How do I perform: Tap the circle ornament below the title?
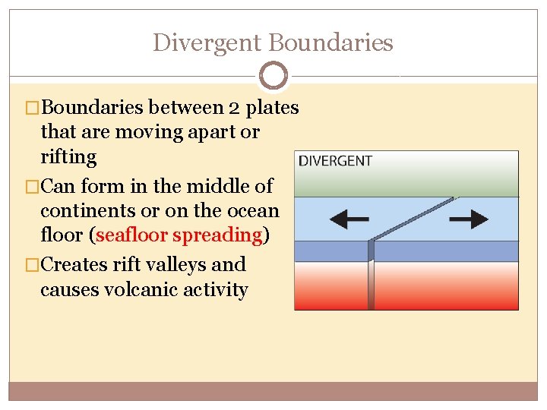tap(273, 76)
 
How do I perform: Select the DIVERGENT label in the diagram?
tap(335, 161)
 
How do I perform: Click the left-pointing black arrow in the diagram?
tap(349, 219)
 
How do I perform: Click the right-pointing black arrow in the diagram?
tap(468, 219)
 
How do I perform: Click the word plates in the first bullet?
tap(273, 108)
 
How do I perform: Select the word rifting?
tap(69, 157)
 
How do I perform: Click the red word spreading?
tap(217, 235)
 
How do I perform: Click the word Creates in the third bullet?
tap(74, 264)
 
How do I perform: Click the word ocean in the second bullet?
tap(255, 210)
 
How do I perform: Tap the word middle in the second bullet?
tap(190, 184)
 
